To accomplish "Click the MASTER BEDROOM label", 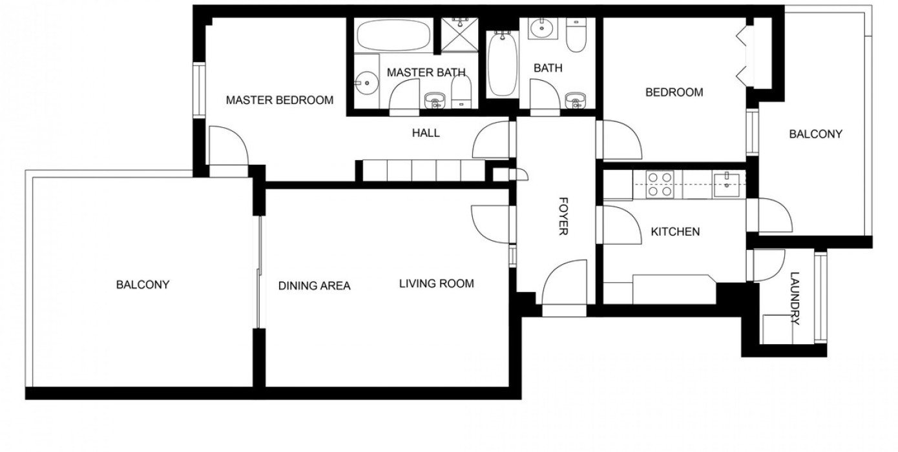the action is (280, 100).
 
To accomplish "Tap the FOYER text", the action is (563, 216).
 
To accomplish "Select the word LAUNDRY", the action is (795, 298).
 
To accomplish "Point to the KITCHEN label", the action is (675, 232).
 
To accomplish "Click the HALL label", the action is (426, 132).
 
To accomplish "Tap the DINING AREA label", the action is (314, 285).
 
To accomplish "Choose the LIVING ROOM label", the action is (437, 283).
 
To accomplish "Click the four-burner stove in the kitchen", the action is (660, 184).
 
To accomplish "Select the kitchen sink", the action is (726, 185).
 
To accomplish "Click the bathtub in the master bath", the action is (393, 35).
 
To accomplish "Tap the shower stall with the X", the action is (460, 35).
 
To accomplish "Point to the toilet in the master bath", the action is (461, 91).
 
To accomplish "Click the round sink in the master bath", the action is (367, 83).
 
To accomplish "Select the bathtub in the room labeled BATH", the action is (503, 64).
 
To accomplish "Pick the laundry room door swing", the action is (769, 265).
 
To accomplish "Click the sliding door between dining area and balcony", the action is (260, 272).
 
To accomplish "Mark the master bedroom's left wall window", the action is (199, 90).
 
